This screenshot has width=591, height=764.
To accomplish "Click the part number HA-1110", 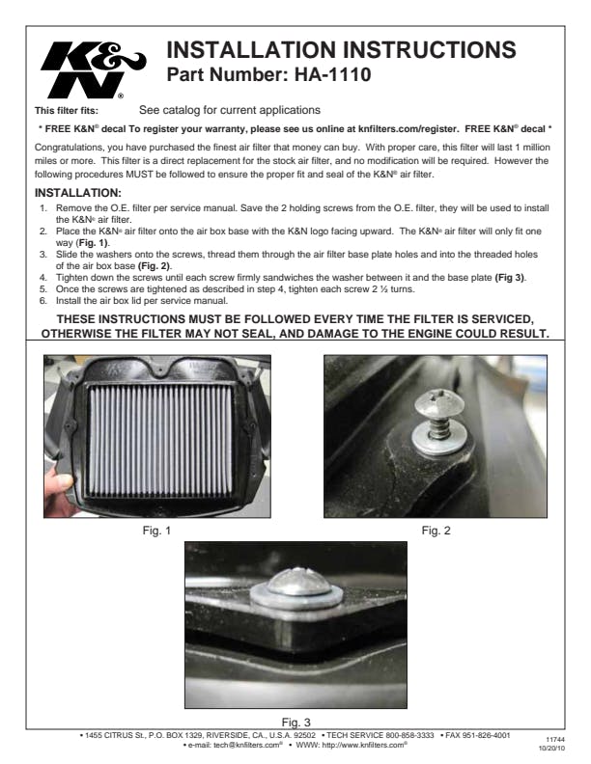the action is (x=332, y=74).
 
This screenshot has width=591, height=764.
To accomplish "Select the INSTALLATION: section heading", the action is (x=78, y=193).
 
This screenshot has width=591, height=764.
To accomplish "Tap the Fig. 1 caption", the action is (x=156, y=531).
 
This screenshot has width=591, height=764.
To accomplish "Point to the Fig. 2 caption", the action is (x=436, y=531).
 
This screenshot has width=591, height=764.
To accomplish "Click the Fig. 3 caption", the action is (x=296, y=723).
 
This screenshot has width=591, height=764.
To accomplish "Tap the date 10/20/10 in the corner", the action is (x=552, y=748).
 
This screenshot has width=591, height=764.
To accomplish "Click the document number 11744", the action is (x=555, y=740).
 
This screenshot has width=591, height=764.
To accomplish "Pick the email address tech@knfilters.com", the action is (x=248, y=745).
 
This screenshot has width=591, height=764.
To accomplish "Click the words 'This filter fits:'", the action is (x=67, y=111).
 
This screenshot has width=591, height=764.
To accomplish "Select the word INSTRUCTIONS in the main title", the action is (x=429, y=50).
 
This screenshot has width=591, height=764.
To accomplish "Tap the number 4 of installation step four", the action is (x=43, y=278).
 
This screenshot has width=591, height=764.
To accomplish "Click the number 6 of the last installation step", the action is (x=43, y=301).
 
